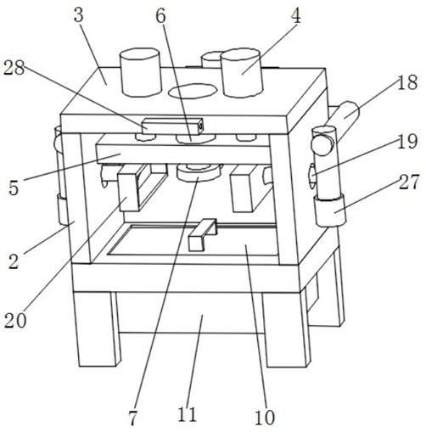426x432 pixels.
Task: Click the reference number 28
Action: click(x=14, y=68)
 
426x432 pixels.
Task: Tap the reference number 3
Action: click(x=79, y=14)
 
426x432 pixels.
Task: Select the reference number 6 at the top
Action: click(x=160, y=16)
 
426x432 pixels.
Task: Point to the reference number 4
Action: click(x=296, y=15)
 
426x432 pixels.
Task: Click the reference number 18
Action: click(x=407, y=82)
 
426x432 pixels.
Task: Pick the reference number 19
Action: click(x=407, y=141)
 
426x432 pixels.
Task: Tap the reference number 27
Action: click(x=409, y=182)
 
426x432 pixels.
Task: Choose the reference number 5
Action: click(x=14, y=188)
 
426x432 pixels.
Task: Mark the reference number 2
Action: click(x=14, y=261)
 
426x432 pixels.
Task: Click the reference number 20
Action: click(x=15, y=321)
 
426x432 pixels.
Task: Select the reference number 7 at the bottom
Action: click(x=132, y=418)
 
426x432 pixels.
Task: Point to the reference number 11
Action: click(x=187, y=415)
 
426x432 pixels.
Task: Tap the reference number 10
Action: click(x=265, y=418)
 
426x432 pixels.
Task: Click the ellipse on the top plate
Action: click(x=193, y=91)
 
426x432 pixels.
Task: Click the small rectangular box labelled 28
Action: click(x=172, y=126)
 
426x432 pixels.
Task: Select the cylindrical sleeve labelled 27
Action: click(x=330, y=210)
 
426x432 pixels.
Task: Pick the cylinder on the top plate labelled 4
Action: click(x=242, y=73)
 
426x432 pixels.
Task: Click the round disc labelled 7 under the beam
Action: click(x=199, y=172)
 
